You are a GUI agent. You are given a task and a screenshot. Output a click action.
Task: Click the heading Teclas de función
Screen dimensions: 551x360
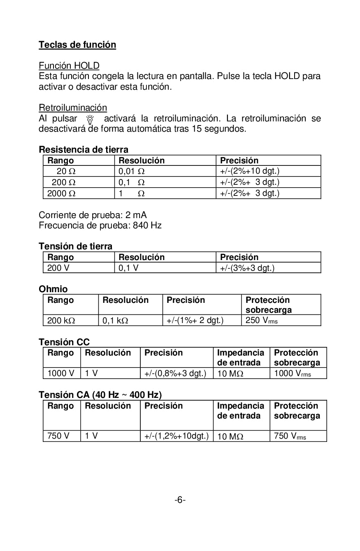point(77,45)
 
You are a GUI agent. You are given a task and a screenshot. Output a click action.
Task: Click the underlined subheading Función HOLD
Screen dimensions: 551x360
point(69,66)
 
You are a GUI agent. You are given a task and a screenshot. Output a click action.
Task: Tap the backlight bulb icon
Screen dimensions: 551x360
point(90,120)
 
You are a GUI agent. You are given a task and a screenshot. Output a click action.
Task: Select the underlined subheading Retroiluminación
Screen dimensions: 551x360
point(72,108)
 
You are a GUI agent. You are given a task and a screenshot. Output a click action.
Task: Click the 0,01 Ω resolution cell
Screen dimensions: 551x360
point(132,172)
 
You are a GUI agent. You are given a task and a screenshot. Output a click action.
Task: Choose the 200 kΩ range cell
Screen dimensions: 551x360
point(61,321)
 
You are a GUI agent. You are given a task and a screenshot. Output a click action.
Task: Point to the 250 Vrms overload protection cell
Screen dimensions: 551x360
point(261,321)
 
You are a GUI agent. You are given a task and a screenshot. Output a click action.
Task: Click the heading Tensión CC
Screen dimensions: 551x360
point(64,342)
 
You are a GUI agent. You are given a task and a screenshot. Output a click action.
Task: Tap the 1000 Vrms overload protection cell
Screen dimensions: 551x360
point(292,374)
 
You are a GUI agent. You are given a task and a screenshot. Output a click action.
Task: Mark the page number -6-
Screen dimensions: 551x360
point(180,500)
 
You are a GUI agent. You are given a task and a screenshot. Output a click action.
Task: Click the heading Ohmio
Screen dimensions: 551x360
point(53,289)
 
